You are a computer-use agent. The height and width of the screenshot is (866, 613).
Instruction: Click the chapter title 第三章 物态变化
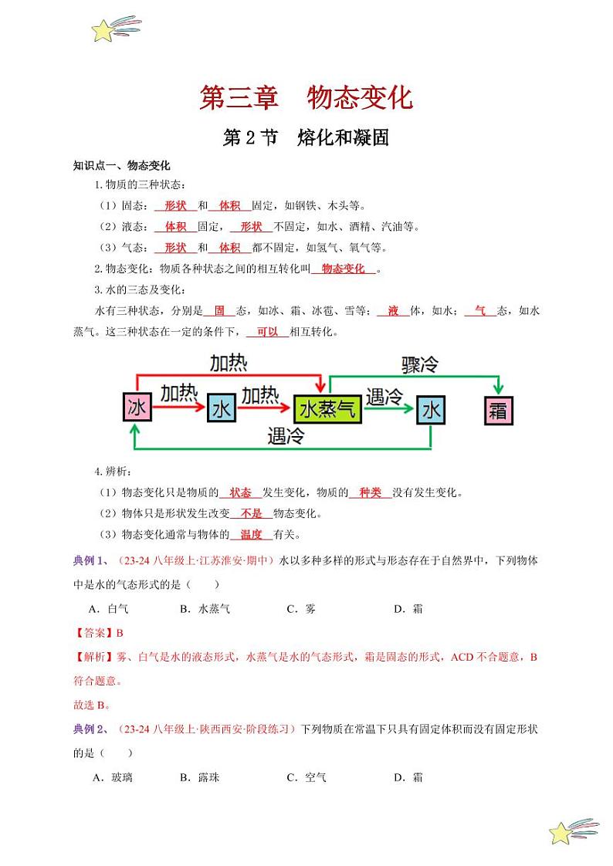coord(306,98)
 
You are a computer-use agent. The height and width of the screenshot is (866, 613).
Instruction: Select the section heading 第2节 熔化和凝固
coord(306,138)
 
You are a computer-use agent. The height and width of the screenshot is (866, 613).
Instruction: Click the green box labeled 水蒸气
coord(328,408)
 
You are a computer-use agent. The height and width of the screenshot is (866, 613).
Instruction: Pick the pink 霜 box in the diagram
coord(498,410)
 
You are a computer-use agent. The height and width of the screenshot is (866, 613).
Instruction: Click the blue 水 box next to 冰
coord(222,408)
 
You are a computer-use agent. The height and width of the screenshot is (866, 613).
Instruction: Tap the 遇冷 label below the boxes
coord(286,435)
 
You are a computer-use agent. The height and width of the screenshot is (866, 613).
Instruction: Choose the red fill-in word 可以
coord(267,332)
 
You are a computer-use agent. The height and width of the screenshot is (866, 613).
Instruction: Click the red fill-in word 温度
coord(252,534)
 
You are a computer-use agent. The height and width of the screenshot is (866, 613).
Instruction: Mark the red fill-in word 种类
coord(370,492)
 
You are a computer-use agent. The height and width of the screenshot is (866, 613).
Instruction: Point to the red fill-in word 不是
coord(252,513)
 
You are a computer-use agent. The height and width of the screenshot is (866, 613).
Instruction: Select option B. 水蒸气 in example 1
coord(205,609)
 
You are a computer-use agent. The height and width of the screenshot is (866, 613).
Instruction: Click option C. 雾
coord(301,609)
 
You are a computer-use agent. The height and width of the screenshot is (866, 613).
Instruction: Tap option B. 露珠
coord(200,777)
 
